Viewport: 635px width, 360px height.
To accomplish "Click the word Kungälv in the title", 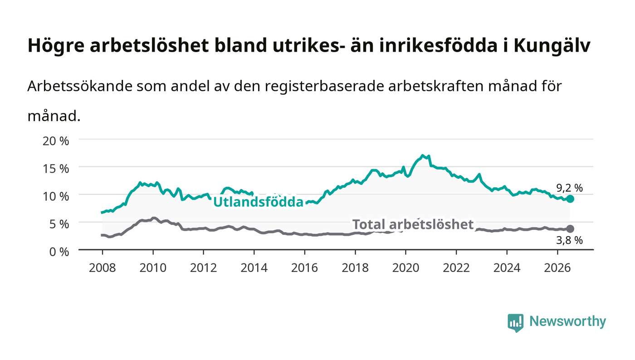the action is point(552,46).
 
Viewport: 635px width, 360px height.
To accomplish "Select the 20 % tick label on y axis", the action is point(56,141).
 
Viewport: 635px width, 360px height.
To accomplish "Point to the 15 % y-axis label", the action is point(56,169).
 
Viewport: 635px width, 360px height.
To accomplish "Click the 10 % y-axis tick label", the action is point(56,196).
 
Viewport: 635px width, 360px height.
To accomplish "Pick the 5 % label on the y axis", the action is point(59,224).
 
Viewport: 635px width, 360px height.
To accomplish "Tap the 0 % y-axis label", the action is point(59,252).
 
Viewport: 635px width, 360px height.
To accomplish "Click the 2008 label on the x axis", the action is point(103,268).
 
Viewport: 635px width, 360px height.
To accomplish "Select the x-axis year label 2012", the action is point(203,268).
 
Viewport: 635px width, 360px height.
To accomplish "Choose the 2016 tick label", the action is point(304,268).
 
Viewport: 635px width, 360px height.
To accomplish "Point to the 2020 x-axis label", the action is point(405,268).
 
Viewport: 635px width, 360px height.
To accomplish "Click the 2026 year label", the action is point(557,268).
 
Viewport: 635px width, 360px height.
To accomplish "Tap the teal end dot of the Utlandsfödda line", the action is point(570,199).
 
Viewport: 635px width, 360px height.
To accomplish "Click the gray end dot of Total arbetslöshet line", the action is point(570,229).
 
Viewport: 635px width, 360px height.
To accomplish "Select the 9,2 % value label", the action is point(569,188).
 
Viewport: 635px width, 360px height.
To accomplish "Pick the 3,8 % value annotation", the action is point(569,240).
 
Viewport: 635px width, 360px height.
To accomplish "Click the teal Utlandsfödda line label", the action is point(258,202).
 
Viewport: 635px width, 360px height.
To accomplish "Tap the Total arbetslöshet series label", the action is point(413,224).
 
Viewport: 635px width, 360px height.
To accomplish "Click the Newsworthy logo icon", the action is point(515,322).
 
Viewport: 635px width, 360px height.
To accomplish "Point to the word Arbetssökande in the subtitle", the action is point(80,86).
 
